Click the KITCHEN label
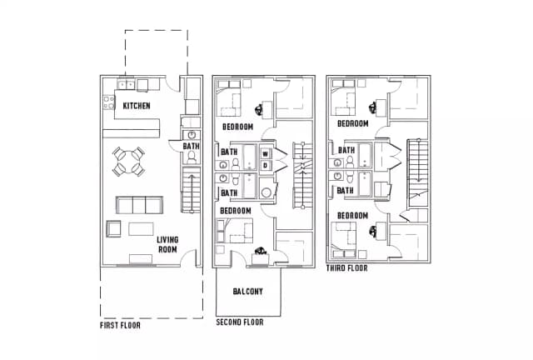137,106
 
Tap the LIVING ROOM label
167,245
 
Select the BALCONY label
248,292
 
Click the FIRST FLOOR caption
120,325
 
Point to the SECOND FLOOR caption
240,322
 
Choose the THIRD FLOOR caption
346,268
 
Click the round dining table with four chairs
129,162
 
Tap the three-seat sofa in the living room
139,205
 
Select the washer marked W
266,154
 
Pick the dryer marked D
266,165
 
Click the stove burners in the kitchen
109,102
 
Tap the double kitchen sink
126,84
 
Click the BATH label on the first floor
191,146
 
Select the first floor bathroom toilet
192,157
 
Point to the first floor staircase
192,189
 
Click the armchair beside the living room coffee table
113,228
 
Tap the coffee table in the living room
141,229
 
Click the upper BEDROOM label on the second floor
237,127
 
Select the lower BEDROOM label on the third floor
352,216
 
